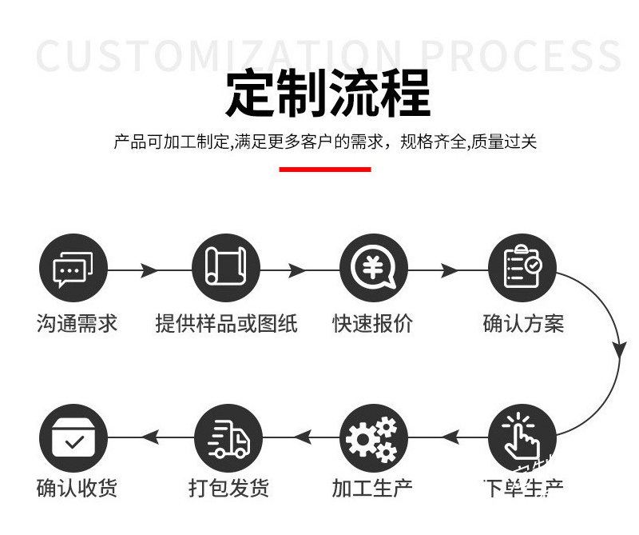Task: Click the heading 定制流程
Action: click(327, 94)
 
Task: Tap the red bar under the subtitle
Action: click(324, 169)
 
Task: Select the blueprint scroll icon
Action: click(226, 268)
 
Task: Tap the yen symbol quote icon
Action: click(373, 268)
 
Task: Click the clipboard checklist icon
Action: click(522, 268)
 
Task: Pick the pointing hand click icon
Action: click(522, 437)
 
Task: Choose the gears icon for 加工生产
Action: click(373, 437)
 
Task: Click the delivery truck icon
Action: click(226, 437)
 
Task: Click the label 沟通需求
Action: click(77, 324)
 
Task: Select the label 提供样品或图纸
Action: click(226, 324)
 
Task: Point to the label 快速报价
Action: click(373, 324)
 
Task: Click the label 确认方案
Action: click(523, 324)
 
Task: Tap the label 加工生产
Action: click(372, 488)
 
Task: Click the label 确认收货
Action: click(77, 488)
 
